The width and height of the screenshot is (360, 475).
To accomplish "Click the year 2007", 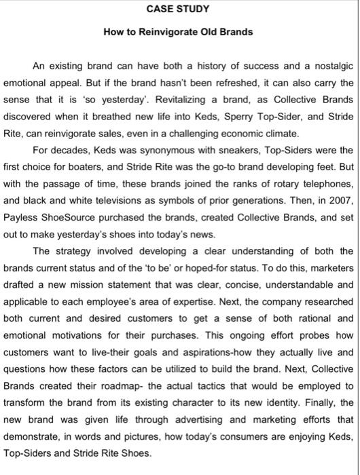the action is coord(340,181).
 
